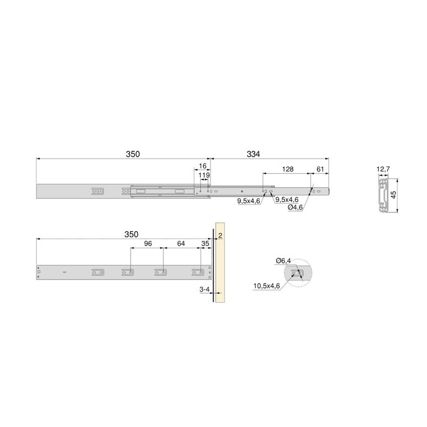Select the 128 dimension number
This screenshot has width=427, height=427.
click(x=288, y=169)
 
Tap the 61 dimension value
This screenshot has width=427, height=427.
click(x=321, y=169)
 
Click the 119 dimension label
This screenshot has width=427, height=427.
click(x=205, y=176)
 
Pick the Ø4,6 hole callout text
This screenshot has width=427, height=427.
click(x=296, y=207)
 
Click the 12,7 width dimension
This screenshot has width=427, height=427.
click(x=382, y=169)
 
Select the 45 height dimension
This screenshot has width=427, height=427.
click(x=394, y=195)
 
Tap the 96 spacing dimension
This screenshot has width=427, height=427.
click(x=146, y=243)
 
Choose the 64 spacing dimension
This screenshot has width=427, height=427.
click(x=181, y=243)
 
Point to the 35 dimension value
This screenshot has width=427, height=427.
click(x=205, y=243)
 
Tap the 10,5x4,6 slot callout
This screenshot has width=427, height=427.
click(x=267, y=285)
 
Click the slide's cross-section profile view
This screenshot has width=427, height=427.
click(x=382, y=195)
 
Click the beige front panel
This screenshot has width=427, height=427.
click(x=220, y=268)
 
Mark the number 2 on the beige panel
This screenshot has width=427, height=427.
click(x=220, y=235)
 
